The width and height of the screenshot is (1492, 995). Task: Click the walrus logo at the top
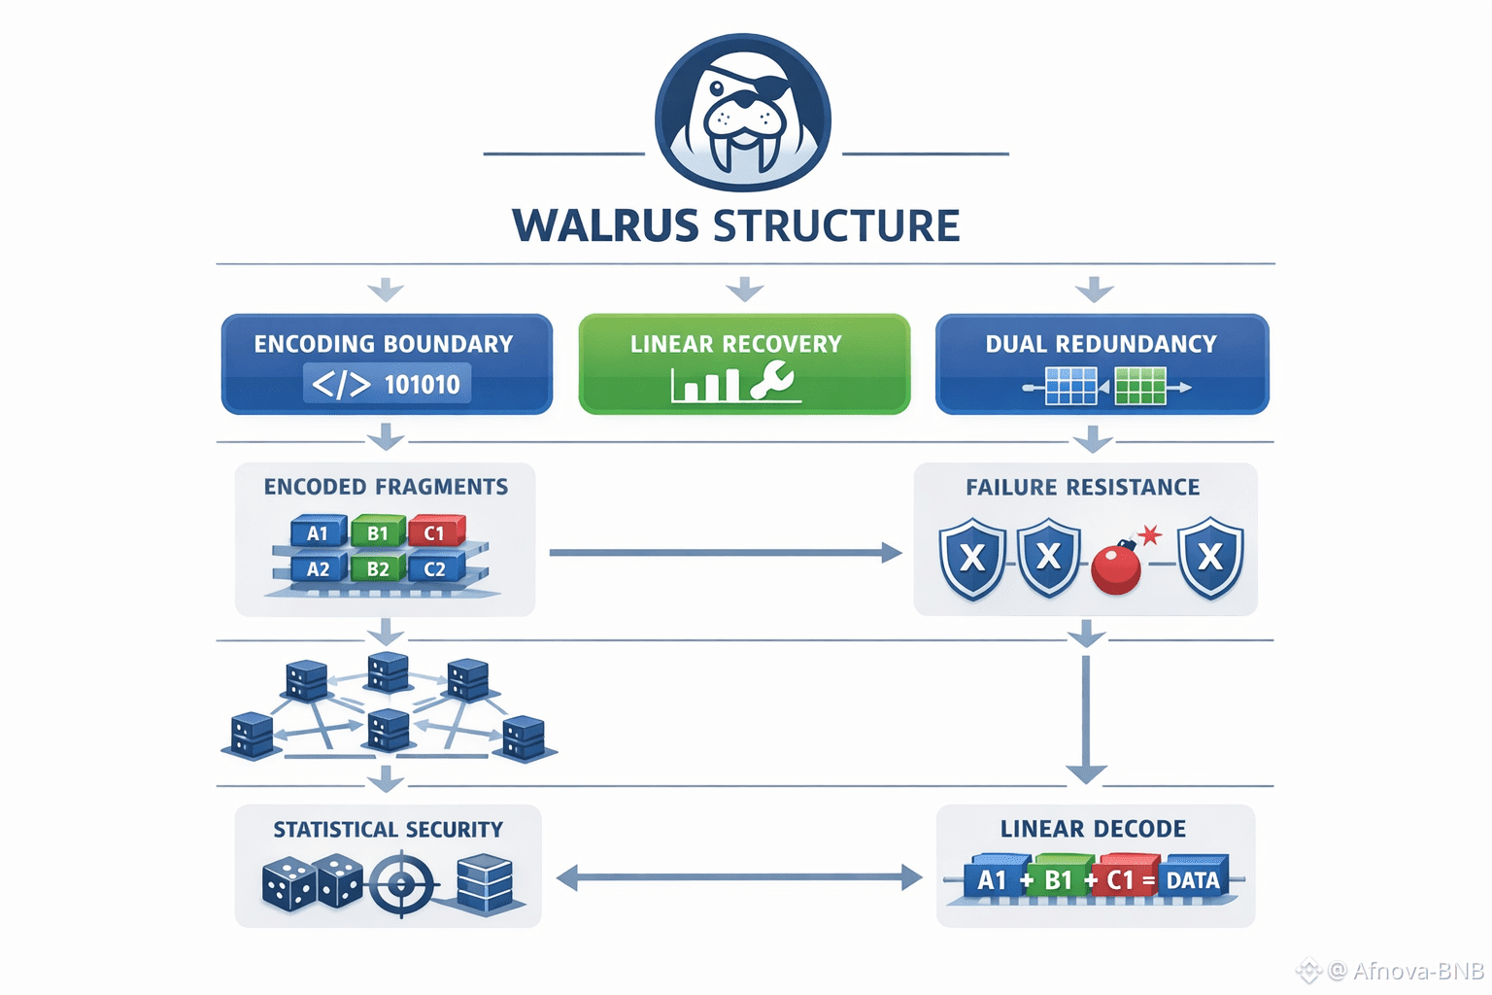pos(743,112)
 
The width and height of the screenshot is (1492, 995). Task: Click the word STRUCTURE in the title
pos(836,226)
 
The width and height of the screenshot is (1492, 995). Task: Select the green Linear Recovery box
pos(744,363)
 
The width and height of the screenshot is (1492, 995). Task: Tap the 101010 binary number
pos(422,385)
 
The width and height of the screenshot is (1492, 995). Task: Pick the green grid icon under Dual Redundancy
pos(1139,386)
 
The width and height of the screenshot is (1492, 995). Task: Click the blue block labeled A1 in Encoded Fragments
pos(318,532)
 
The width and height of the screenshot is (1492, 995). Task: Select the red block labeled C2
pos(434,568)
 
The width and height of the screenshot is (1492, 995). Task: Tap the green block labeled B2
pos(377,568)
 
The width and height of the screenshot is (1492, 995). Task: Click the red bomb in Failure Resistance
pos(1117,568)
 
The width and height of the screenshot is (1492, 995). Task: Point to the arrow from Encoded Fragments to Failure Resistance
pos(724,553)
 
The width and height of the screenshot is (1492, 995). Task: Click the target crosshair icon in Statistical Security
pos(401,884)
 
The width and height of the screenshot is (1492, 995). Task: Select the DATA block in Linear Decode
pos(1193,879)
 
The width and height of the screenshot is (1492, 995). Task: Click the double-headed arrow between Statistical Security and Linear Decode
pos(738,877)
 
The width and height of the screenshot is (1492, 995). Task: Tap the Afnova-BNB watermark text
pos(1417,971)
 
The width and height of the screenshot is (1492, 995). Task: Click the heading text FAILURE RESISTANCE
pos(1082,487)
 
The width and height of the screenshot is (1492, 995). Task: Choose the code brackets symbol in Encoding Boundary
pos(341,385)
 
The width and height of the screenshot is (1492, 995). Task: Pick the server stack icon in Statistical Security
pos(484,882)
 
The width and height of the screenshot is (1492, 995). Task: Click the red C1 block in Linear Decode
pos(1122,879)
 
